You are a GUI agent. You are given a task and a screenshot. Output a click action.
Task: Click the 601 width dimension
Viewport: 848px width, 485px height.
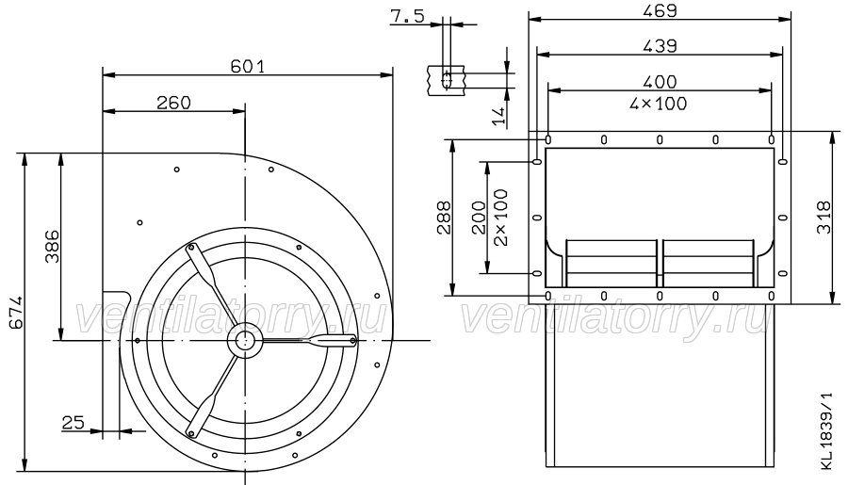tap(248, 66)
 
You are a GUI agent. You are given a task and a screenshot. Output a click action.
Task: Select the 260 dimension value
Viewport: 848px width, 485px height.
tap(173, 103)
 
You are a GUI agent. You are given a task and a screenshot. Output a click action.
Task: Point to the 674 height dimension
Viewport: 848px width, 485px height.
tap(16, 312)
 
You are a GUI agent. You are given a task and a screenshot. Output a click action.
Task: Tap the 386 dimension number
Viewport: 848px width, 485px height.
tap(52, 247)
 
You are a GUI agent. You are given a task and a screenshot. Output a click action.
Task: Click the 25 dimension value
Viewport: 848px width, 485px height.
tap(73, 422)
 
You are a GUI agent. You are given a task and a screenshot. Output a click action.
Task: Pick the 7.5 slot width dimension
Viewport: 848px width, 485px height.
tap(407, 17)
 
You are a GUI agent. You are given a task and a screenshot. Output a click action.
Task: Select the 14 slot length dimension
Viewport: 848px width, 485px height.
tap(499, 116)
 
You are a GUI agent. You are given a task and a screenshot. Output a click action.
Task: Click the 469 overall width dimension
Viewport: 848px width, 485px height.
tap(660, 10)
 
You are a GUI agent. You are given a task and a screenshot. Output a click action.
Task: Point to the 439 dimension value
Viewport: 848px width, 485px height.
tap(660, 46)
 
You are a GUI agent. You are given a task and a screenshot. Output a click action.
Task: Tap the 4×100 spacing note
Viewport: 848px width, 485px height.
tap(659, 104)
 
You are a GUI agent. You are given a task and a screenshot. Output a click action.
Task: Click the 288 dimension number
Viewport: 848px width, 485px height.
tap(444, 218)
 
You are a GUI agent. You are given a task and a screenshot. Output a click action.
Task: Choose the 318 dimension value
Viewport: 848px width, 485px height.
tap(824, 218)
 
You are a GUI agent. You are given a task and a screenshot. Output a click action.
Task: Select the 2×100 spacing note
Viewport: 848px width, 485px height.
tap(501, 218)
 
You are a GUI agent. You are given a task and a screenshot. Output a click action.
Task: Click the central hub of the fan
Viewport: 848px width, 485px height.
tap(245, 340)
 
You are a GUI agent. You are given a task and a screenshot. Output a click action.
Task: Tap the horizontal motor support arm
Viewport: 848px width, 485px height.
tap(309, 340)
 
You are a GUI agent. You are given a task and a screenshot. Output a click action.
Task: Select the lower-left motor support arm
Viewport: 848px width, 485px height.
tap(212, 395)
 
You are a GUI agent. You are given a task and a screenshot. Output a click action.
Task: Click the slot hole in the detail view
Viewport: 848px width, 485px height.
tap(447, 81)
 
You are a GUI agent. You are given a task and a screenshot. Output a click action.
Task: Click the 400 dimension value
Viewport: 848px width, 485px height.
tap(660, 82)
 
